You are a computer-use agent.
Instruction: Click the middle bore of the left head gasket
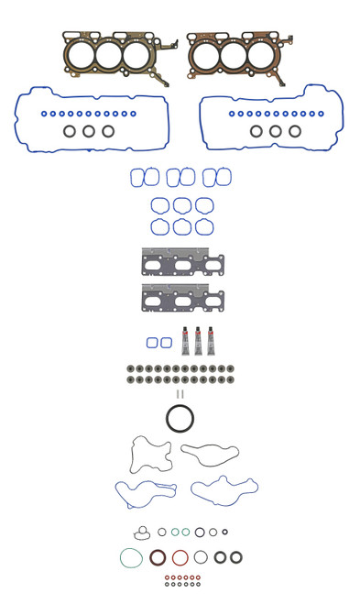click(109, 56)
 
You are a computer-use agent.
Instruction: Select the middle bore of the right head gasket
click(233, 56)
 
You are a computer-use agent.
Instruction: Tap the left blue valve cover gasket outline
click(18, 120)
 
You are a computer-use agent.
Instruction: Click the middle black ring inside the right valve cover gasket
click(276, 131)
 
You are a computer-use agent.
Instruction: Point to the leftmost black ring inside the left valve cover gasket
click(70, 131)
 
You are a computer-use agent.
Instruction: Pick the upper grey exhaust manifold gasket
click(182, 263)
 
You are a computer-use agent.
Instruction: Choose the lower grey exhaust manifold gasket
click(182, 299)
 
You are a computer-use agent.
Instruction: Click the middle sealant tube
click(198, 341)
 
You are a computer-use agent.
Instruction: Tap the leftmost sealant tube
click(185, 341)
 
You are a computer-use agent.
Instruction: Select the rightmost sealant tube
click(211, 341)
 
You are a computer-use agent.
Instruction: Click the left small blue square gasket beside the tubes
click(152, 343)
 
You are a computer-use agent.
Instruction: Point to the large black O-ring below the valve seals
click(180, 419)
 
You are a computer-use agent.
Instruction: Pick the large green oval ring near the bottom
click(131, 557)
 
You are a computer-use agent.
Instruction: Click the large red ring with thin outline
click(180, 557)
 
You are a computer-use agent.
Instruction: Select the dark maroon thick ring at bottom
click(158, 557)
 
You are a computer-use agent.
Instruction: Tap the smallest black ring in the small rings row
click(224, 532)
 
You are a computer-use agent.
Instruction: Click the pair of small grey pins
click(180, 394)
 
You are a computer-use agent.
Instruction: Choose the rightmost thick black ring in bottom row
click(236, 557)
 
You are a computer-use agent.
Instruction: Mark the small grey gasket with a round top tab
click(142, 533)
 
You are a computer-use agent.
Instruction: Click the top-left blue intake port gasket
click(137, 177)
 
